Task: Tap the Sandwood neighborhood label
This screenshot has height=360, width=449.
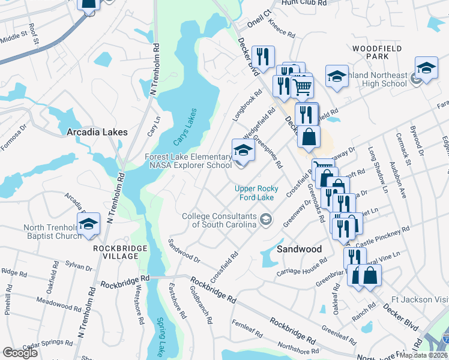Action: pos(300,248)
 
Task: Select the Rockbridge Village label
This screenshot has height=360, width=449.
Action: pos(116,251)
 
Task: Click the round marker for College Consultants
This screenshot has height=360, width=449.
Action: pos(265,221)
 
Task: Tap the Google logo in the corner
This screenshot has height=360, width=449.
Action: pos(20,352)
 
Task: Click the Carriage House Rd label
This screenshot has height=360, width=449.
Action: pos(301,267)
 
